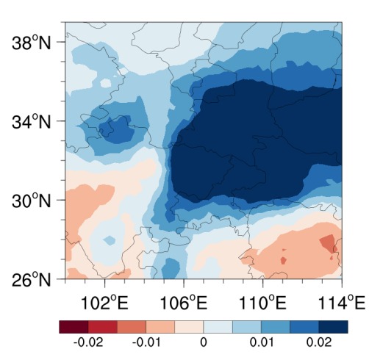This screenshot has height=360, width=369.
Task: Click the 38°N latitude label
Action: [x=31, y=43]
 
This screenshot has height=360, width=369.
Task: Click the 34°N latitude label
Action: [x=31, y=122]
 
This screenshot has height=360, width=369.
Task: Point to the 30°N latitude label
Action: [x=31, y=201]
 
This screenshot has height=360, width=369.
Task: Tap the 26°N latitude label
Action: [x=31, y=279]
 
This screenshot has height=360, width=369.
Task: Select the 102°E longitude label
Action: [x=104, y=303]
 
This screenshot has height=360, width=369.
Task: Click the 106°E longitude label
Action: [x=184, y=303]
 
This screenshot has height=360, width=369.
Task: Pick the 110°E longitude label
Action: [x=262, y=303]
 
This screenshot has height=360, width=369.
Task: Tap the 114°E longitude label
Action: [x=341, y=303]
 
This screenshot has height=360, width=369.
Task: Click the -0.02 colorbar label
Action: [x=88, y=342]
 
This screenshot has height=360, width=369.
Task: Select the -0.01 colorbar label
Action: [x=146, y=342]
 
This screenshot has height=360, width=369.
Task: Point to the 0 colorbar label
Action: [x=204, y=342]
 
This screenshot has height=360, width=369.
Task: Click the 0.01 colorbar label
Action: [x=262, y=342]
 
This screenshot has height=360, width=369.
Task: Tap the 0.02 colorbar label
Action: [x=319, y=342]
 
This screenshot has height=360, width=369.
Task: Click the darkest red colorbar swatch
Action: [x=74, y=327]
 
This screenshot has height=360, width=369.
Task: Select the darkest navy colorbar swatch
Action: [x=333, y=327]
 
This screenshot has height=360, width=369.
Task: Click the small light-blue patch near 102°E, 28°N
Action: [x=110, y=240]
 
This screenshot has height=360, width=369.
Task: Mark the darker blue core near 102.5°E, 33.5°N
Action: [x=116, y=129]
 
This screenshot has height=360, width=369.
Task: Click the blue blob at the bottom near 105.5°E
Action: [x=171, y=268]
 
